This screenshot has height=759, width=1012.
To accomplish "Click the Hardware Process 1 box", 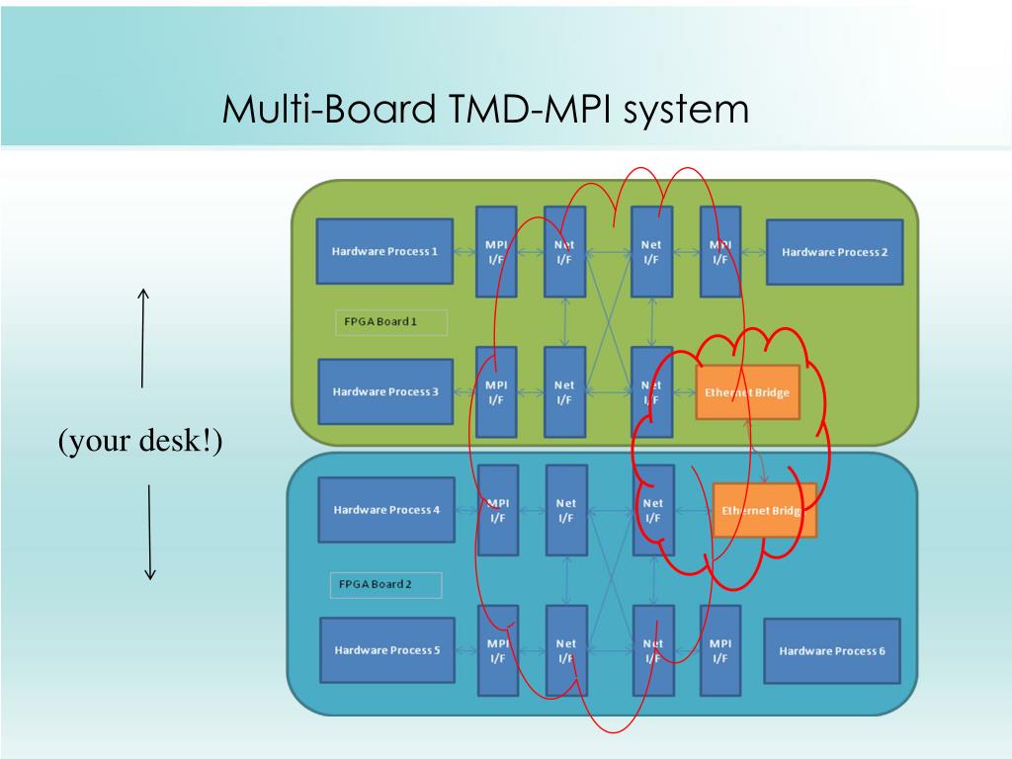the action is [x=384, y=251].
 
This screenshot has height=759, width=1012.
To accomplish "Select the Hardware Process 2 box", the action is [x=834, y=252].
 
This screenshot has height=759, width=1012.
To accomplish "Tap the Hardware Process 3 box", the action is [x=385, y=391].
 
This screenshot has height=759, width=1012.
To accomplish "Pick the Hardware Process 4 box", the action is [x=386, y=510].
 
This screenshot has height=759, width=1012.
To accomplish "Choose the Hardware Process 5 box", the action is [x=387, y=650].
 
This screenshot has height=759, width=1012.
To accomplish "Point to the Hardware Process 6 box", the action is [x=832, y=650].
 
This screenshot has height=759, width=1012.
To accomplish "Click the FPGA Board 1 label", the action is [x=391, y=322].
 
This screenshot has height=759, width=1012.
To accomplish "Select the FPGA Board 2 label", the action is [x=386, y=585].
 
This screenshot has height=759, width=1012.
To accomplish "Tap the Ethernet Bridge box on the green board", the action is [x=747, y=392].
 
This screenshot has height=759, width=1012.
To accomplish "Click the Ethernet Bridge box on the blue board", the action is [x=764, y=511].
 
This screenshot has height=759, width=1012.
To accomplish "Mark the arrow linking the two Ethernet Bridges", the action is [x=756, y=452].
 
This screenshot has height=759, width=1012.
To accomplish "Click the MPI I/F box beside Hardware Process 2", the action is [x=720, y=252].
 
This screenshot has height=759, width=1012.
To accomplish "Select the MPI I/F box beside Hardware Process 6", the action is [x=720, y=650].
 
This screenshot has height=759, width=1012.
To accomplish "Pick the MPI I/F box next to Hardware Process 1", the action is [x=496, y=252].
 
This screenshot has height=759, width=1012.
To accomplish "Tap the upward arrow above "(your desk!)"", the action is [x=142, y=338].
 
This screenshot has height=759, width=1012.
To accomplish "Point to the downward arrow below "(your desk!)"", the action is [x=149, y=533].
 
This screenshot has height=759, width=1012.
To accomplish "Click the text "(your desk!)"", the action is [x=140, y=441].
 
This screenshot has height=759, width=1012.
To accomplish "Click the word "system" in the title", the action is [x=686, y=109].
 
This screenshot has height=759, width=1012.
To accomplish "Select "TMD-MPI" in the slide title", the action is [x=530, y=108].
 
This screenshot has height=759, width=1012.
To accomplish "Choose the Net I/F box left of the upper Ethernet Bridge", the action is [x=652, y=392].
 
